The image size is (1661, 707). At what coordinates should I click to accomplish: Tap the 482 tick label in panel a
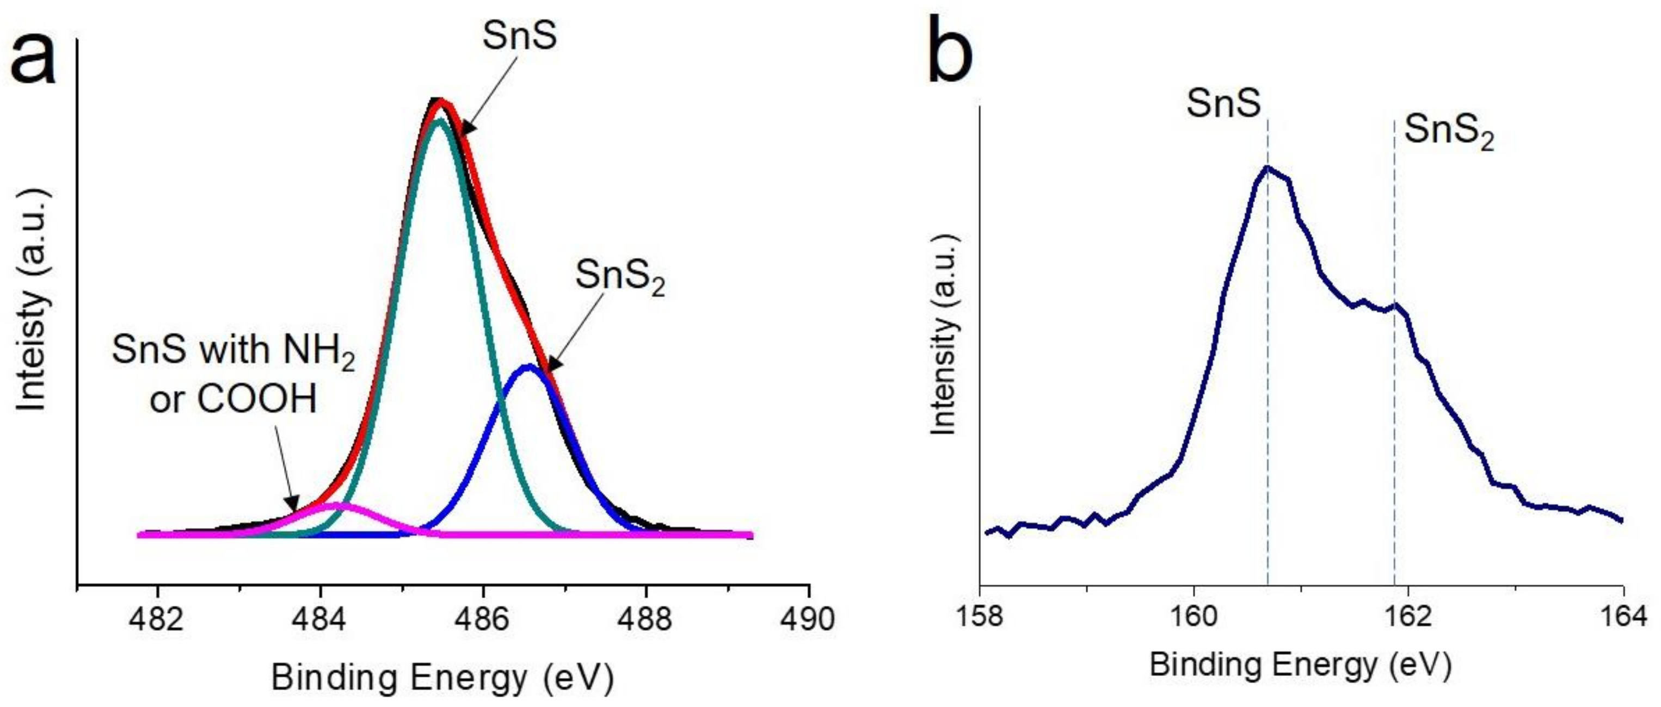157,619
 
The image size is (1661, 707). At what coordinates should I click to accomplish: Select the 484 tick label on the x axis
320,619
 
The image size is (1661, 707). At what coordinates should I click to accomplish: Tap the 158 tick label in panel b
980,616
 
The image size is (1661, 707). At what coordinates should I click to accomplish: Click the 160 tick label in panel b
1194,616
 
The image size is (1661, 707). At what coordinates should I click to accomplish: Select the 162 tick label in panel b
1408,616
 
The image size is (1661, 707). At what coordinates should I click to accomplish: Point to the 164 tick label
1622,616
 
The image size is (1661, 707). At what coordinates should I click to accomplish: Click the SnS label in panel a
519,35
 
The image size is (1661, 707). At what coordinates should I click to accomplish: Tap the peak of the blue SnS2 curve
529,367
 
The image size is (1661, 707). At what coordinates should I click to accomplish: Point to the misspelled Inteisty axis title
31,300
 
